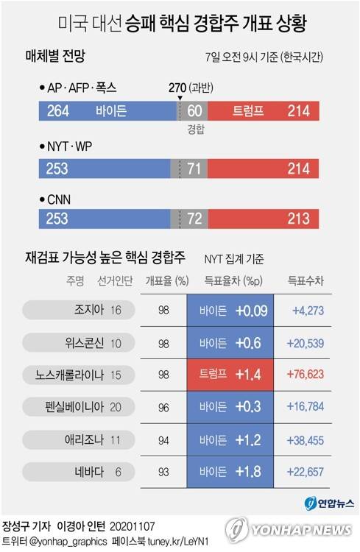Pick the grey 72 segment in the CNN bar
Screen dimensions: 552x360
tap(194, 219)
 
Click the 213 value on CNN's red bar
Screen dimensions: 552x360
tap(299, 219)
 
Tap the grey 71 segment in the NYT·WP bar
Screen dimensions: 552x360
tap(194, 167)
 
